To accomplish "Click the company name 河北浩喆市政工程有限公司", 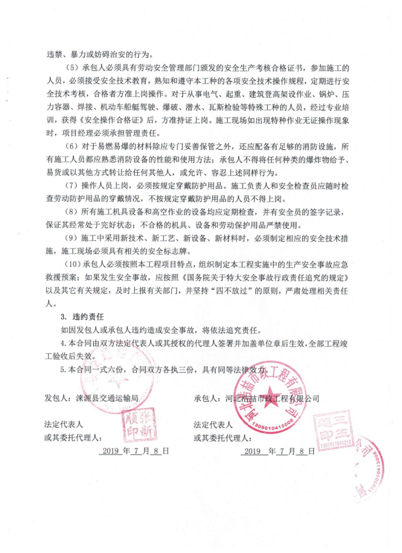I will (x=272, y=398).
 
